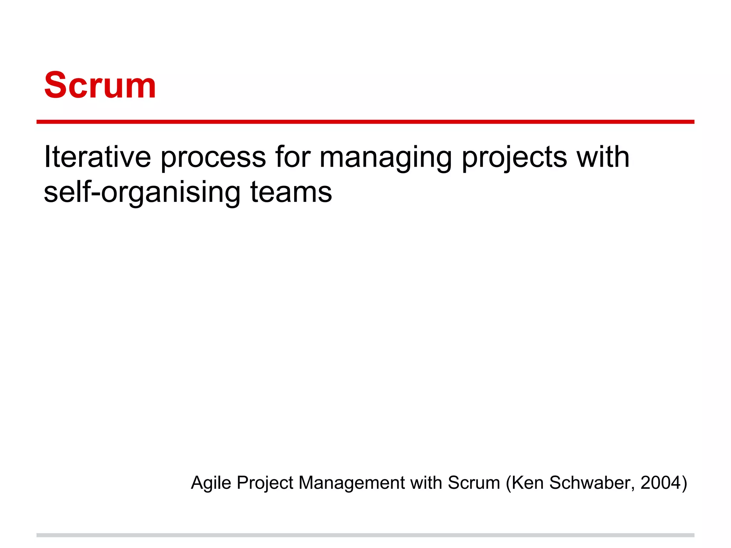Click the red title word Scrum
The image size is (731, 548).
100,86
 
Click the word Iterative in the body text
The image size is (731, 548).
97,157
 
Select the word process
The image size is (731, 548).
213,158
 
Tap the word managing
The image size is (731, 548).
385,158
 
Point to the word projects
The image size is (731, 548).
514,158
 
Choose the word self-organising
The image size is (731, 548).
142,193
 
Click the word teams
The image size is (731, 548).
291,193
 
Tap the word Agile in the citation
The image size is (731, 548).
211,483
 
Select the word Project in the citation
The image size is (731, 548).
265,483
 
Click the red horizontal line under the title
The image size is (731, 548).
365,122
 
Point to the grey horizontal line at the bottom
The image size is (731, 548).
365,535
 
